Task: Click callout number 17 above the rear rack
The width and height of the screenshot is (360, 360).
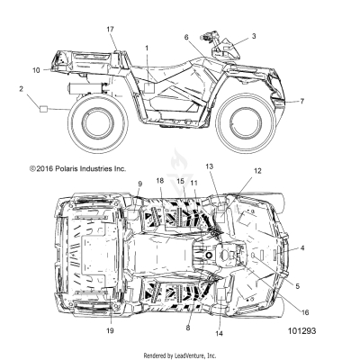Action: [111, 30]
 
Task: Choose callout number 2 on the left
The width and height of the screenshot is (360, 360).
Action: [20, 88]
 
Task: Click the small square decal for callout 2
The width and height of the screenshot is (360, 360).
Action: [42, 106]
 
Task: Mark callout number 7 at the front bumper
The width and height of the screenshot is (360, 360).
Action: [302, 102]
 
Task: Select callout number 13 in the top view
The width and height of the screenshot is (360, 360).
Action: [210, 166]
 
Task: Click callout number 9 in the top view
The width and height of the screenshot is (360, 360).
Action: [139, 184]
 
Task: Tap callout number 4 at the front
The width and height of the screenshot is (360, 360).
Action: [302, 247]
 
